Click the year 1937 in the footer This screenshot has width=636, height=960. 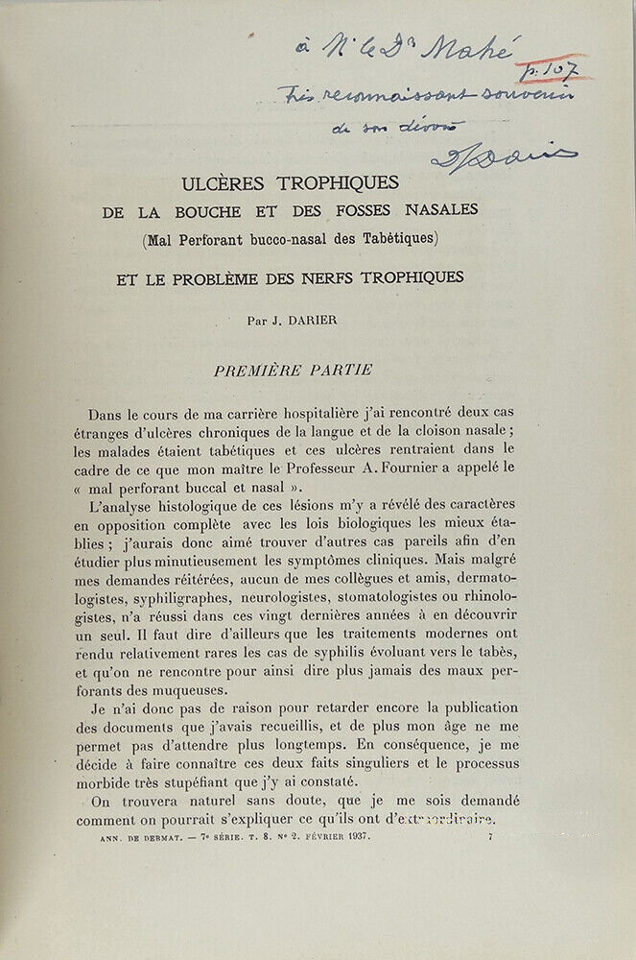point(351,839)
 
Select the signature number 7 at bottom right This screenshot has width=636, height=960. point(489,839)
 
